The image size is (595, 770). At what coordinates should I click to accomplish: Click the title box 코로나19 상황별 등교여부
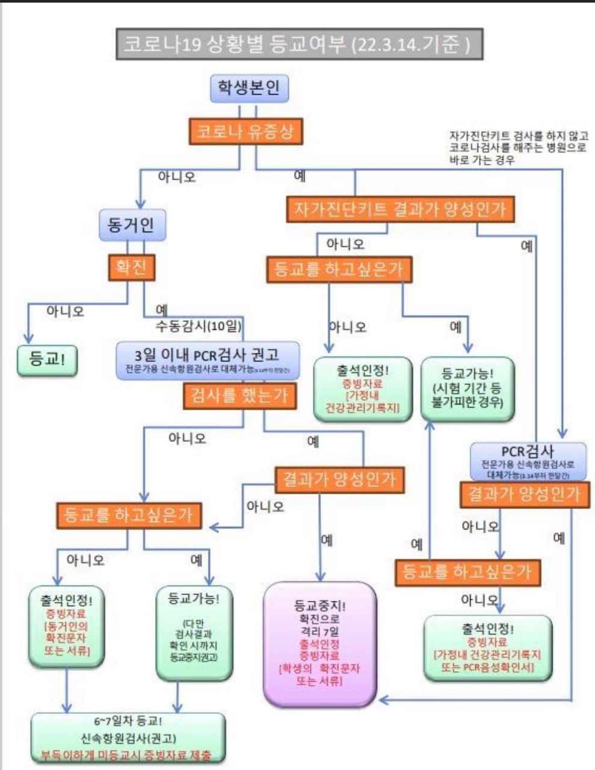(299, 45)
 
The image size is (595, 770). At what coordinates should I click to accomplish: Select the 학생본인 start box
(248, 88)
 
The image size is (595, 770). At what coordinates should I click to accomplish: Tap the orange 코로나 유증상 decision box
(245, 131)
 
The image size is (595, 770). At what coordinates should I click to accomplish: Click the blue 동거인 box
(131, 225)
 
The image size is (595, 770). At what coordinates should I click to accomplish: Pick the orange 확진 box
(131, 266)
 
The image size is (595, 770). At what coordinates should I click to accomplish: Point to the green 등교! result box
(48, 360)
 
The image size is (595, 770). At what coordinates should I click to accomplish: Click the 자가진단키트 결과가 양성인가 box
(400, 209)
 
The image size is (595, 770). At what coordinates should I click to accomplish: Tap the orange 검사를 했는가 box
(239, 396)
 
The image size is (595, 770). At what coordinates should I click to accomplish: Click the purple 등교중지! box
(319, 643)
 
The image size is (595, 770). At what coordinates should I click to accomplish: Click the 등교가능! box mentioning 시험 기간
(467, 387)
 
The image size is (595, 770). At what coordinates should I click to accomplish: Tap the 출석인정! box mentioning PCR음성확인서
(487, 647)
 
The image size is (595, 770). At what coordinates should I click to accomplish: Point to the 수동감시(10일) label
(198, 326)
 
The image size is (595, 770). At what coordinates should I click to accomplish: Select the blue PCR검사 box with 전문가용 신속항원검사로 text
(528, 461)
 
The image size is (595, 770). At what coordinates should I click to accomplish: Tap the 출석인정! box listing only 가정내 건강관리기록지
(363, 388)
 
